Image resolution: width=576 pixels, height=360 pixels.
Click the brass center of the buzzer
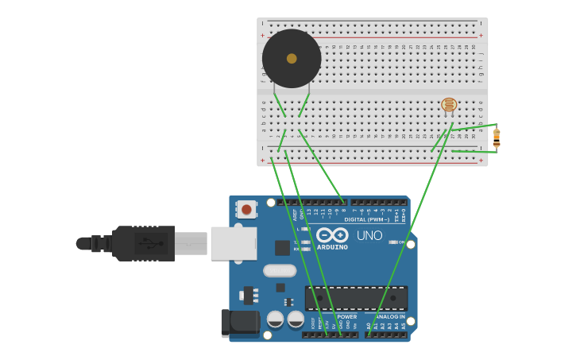tap(292, 59)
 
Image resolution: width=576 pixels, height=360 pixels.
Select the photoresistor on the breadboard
tap(449, 105)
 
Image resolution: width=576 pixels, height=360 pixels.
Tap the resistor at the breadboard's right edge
tap(497, 138)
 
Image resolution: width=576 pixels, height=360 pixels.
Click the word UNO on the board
tap(369, 236)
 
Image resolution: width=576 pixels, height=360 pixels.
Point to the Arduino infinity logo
tap(332, 234)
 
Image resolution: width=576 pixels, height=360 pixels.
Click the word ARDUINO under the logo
tap(332, 247)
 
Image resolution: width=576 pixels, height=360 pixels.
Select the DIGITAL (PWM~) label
tap(366, 219)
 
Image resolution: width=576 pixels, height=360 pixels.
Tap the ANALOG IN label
tap(385, 316)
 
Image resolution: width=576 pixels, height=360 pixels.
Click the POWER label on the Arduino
tap(346, 316)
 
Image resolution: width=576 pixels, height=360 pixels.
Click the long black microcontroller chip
tap(356, 298)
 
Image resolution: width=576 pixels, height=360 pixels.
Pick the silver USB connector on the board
tap(234, 243)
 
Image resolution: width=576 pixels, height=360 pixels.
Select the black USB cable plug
tap(143, 243)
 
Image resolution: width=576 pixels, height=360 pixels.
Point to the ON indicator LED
tap(392, 242)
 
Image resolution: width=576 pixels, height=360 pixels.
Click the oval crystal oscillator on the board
tap(280, 270)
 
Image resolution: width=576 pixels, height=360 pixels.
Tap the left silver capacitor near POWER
tap(275, 319)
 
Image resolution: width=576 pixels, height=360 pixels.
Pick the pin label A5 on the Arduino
tap(404, 326)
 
